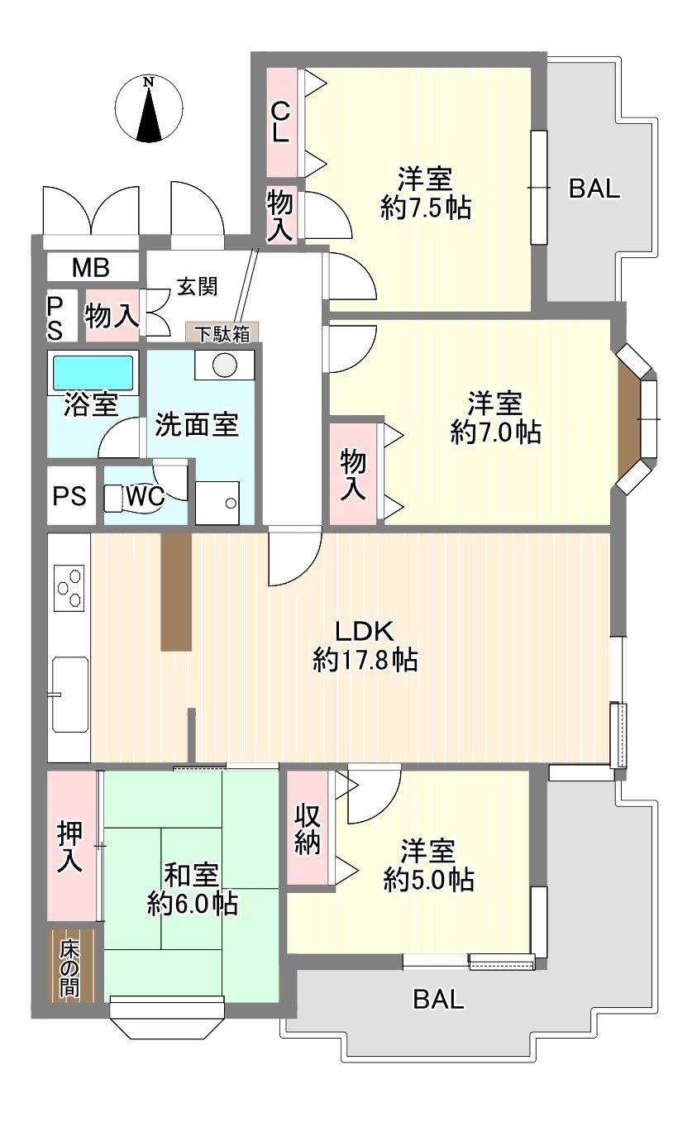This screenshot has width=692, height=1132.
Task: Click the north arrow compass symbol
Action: [149, 108]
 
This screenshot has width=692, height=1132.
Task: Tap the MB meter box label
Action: [91, 267]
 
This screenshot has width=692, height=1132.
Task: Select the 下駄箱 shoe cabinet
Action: [222, 332]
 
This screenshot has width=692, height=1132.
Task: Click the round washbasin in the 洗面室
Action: [225, 365]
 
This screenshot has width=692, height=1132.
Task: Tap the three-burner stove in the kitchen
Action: [69, 588]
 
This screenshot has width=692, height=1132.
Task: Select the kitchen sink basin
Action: [70, 694]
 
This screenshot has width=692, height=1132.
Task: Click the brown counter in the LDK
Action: [176, 592]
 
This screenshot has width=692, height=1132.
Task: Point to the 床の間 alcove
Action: [71, 966]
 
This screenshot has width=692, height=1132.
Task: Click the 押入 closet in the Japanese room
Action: [71, 847]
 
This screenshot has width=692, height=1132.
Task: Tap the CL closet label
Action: [280, 122]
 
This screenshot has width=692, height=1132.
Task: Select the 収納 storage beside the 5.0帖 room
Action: [308, 828]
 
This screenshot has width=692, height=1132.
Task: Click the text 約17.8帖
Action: [365, 660]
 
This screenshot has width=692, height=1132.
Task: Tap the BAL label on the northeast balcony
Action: [594, 189]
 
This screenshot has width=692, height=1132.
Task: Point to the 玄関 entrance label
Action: [197, 287]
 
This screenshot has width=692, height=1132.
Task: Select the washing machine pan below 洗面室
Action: [217, 503]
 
